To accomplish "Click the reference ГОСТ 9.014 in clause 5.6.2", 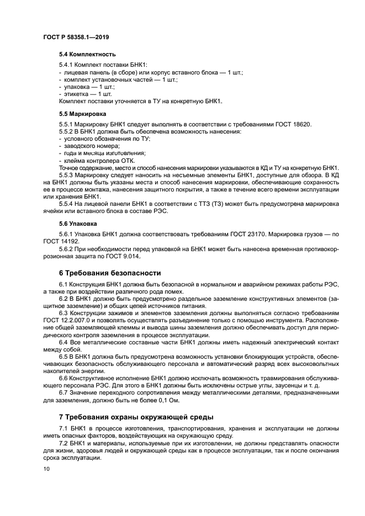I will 125,256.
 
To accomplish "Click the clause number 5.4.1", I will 67,65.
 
